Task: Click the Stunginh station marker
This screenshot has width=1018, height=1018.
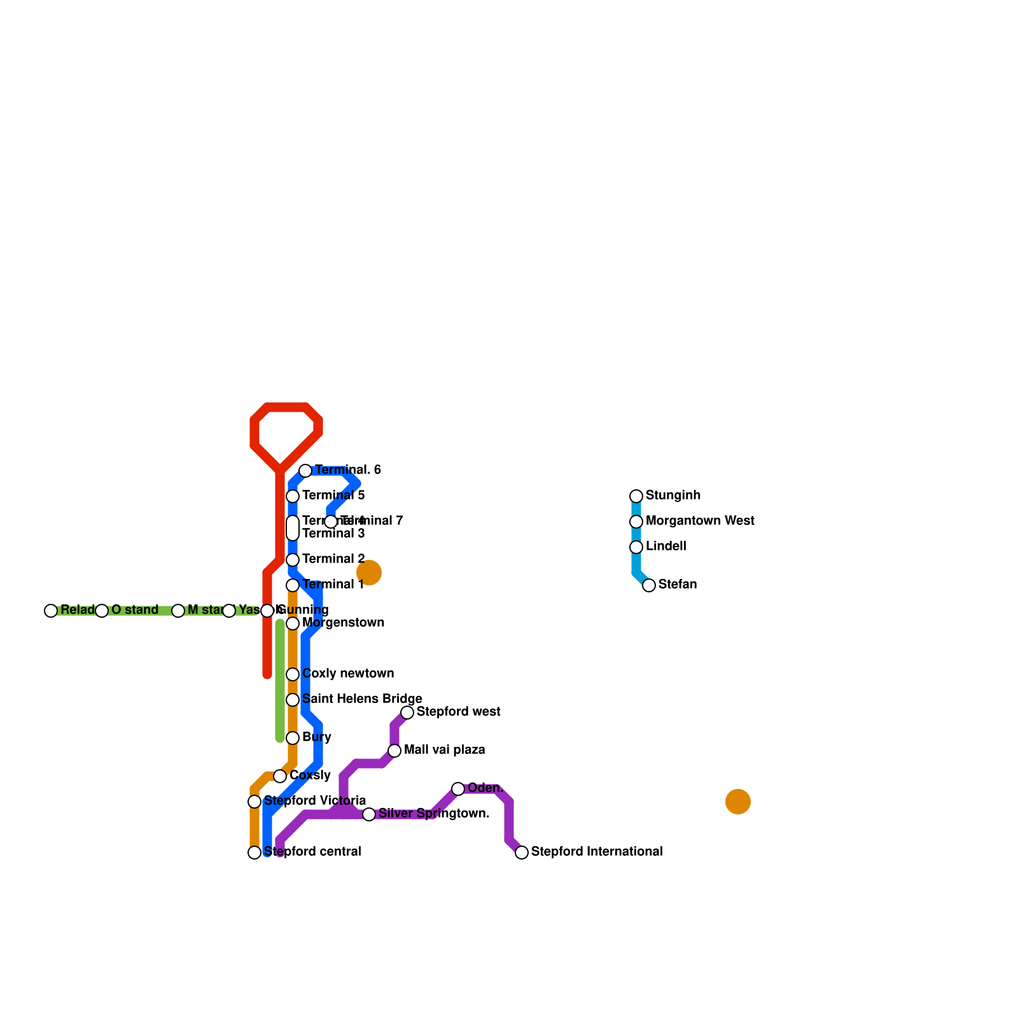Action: pyautogui.click(x=636, y=496)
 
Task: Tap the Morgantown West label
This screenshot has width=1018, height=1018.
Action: pyautogui.click(x=700, y=521)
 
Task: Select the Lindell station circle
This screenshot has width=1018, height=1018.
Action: pyautogui.click(x=636, y=547)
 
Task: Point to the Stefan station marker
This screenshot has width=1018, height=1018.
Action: pyautogui.click(x=649, y=585)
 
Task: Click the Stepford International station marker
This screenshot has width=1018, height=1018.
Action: pyautogui.click(x=522, y=853)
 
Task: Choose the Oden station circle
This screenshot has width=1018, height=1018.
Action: pyautogui.click(x=458, y=789)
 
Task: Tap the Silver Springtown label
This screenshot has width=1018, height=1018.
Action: pyautogui.click(x=434, y=814)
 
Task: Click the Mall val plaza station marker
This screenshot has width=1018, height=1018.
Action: pyautogui.click(x=394, y=751)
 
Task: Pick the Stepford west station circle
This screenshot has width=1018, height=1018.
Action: pyautogui.click(x=407, y=713)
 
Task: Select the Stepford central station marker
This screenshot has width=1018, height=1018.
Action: pyautogui.click(x=254, y=853)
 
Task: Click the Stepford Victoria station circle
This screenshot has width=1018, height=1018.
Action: pyautogui.click(x=254, y=802)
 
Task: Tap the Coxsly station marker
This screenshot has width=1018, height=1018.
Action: pyautogui.click(x=280, y=776)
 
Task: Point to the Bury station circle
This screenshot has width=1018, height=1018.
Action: pyautogui.click(x=293, y=738)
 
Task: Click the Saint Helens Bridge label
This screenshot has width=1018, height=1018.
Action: pyautogui.click(x=362, y=699)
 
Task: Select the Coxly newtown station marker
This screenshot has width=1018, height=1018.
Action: pyautogui.click(x=293, y=674)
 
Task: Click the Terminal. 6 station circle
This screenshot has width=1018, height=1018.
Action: pyautogui.click(x=305, y=471)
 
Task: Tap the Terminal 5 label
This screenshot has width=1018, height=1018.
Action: pyautogui.click(x=333, y=496)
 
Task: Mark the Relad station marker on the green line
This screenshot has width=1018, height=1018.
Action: pyautogui.click(x=51, y=611)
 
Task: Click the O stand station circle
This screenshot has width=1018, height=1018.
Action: pyautogui.click(x=102, y=611)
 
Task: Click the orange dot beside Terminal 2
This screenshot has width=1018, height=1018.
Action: pyautogui.click(x=369, y=573)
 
